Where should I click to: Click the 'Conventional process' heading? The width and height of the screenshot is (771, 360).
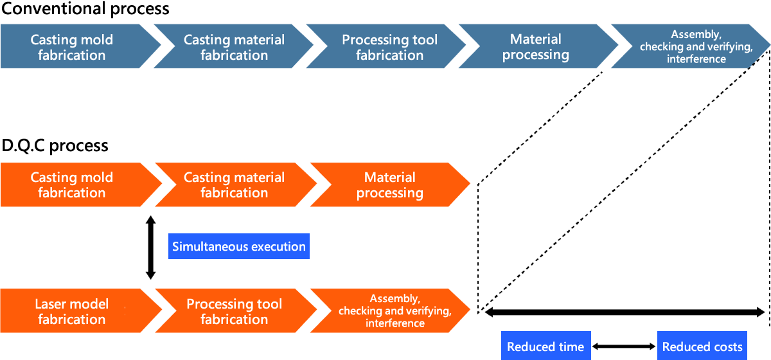click(85, 8)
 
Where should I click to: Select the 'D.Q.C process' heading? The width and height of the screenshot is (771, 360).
click(55, 145)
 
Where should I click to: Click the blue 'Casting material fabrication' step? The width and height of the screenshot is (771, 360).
click(234, 46)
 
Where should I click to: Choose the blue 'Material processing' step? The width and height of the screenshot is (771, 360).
click(537, 46)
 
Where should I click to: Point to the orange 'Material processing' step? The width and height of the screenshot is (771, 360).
click(390, 184)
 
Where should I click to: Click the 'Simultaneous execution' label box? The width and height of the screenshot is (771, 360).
click(239, 246)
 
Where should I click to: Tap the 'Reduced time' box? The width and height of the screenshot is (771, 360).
click(546, 345)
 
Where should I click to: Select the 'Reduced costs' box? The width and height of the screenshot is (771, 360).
click(702, 345)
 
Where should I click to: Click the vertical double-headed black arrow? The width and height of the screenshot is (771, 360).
click(150, 248)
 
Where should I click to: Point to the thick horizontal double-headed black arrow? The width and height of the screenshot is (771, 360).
click(625, 312)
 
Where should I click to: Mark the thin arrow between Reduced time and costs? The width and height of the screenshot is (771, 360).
click(624, 346)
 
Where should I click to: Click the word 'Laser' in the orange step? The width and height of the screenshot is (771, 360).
click(50, 304)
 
